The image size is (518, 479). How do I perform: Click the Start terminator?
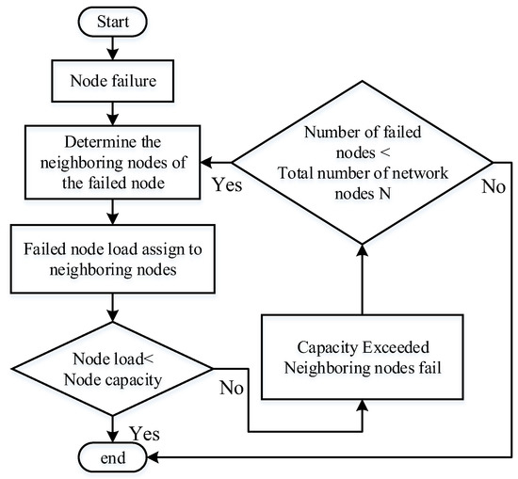[113, 22]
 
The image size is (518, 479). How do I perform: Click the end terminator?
[113, 457]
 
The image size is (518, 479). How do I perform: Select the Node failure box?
[113, 81]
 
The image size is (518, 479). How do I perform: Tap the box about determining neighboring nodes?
[113, 162]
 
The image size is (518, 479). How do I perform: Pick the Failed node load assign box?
[113, 259]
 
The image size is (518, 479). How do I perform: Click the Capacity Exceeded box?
[363, 358]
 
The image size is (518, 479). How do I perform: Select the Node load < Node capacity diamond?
[113, 369]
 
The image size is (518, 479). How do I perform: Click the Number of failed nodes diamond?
[363, 163]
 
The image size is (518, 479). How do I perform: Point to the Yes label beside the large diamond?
[227, 184]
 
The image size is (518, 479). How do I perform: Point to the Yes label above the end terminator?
[144, 433]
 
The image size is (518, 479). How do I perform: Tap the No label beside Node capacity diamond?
[232, 387]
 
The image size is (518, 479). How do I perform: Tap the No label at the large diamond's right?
[494, 186]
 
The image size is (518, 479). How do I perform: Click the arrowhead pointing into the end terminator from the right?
[153, 457]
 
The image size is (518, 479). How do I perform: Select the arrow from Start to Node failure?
[113, 48]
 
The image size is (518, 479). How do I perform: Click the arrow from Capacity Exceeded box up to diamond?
[363, 279]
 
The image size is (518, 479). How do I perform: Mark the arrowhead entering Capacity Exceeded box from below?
[363, 406]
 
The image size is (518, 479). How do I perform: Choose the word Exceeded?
[396, 347]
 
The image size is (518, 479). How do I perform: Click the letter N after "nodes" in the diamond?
[384, 193]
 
